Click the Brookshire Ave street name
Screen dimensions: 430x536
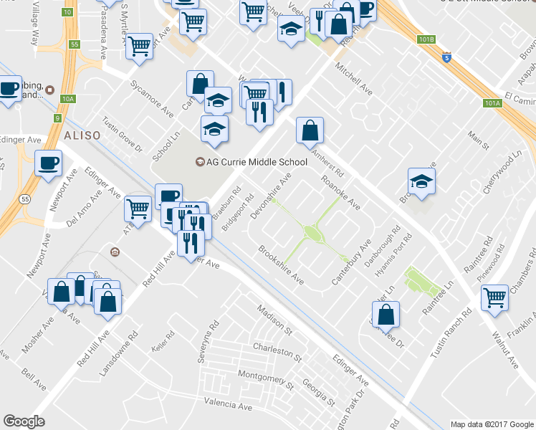[281, 265]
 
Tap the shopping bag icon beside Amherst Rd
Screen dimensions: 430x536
[310, 130]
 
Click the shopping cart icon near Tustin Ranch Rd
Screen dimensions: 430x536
[494, 297]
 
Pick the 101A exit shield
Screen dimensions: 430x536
[492, 103]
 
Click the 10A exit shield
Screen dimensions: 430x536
[68, 99]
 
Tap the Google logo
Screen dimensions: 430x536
[24, 421]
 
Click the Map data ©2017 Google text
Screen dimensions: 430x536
[491, 424]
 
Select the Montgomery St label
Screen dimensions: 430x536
[266, 376]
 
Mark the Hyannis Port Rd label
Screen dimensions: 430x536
[401, 256]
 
